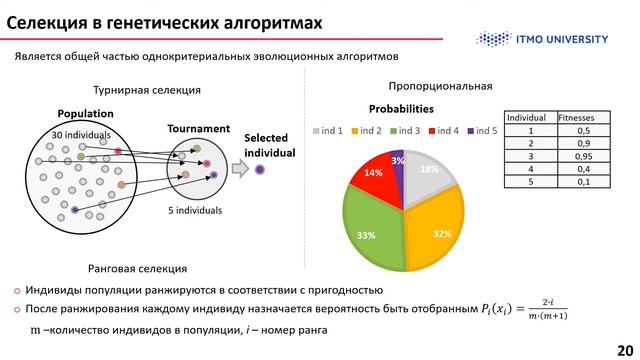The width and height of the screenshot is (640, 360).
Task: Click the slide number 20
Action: tap(626, 340)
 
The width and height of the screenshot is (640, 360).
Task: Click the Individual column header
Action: tap(527, 117)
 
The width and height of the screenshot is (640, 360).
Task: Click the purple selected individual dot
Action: tap(260, 170)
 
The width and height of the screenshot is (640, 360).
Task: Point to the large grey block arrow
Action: tap(239, 170)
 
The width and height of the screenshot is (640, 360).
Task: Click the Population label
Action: tap(85, 114)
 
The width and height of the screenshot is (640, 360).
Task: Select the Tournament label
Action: tap(198, 129)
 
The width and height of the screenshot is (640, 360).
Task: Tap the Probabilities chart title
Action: tap(401, 108)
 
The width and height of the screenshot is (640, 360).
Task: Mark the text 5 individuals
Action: tap(195, 211)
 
